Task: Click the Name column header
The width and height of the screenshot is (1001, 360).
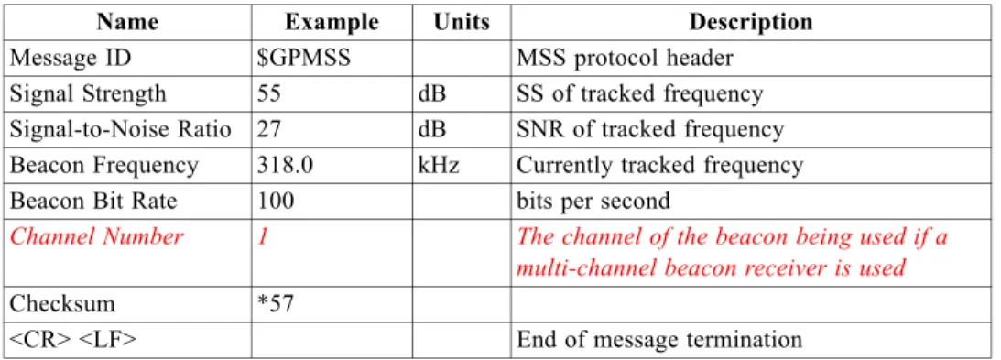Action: [127, 23]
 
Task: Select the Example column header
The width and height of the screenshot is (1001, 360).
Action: [332, 23]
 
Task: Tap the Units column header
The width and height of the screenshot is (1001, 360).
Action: [462, 23]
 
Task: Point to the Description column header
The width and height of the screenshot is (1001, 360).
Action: [751, 23]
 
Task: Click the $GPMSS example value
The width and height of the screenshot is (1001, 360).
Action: [304, 59]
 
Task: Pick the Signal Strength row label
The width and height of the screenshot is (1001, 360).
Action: [88, 94]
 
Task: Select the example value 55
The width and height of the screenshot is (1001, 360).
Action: [269, 94]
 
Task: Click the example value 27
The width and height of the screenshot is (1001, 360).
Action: [269, 130]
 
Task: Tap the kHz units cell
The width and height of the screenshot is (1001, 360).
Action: [439, 166]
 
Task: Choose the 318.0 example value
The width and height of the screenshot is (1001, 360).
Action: [286, 166]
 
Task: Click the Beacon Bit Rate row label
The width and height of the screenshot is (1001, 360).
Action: [93, 202]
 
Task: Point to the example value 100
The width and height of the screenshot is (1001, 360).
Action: [276, 202]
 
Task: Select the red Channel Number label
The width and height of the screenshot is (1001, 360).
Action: [97, 237]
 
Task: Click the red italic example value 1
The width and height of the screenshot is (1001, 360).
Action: [263, 237]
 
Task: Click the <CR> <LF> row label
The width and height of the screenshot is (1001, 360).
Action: [72, 340]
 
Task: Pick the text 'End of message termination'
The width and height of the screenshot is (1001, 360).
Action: [658, 340]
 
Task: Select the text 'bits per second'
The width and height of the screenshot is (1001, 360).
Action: [593, 202]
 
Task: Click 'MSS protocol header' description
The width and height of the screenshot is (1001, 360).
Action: [625, 59]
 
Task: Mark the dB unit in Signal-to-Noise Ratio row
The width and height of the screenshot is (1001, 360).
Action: [431, 130]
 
